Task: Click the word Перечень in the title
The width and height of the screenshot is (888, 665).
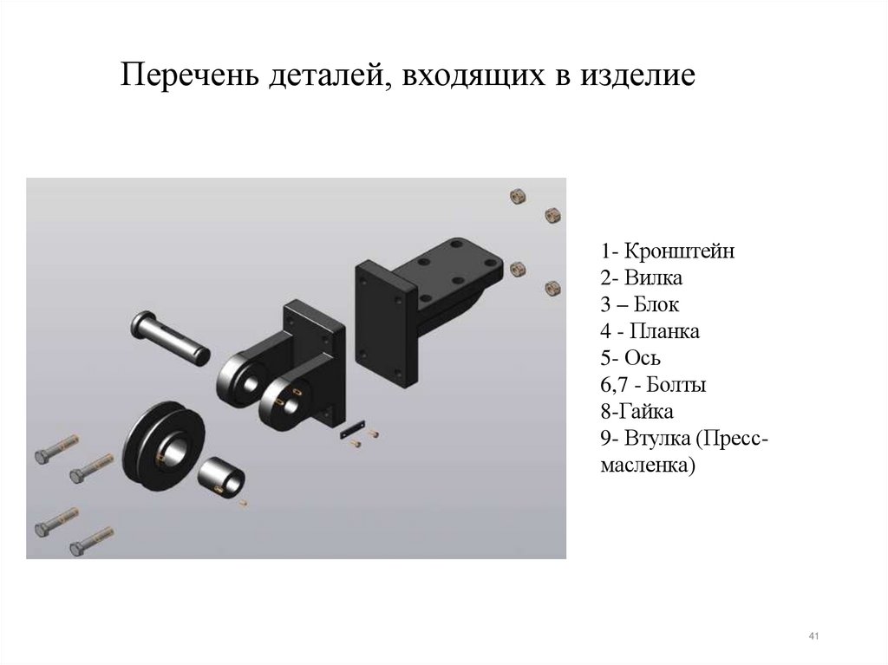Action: (x=190, y=75)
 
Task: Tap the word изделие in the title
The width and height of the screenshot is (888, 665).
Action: (x=637, y=75)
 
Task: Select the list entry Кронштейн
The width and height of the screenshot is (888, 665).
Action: (x=679, y=251)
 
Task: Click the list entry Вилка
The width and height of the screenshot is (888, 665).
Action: (x=653, y=277)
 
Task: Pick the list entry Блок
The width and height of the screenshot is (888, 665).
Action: (x=656, y=304)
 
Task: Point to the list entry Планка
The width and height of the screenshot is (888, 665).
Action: (x=664, y=331)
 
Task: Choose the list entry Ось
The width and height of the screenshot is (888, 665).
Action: (x=643, y=358)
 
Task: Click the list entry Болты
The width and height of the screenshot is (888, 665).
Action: (x=676, y=385)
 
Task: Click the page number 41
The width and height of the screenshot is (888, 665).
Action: (x=813, y=636)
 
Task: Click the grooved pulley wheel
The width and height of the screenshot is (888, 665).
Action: (x=164, y=446)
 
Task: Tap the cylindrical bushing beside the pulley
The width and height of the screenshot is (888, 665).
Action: (x=221, y=477)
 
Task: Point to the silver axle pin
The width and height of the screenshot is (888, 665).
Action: (x=171, y=337)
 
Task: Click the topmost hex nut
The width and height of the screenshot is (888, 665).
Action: (x=518, y=197)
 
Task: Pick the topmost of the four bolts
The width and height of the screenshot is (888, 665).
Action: (x=56, y=450)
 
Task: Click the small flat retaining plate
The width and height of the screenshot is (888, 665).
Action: (x=352, y=429)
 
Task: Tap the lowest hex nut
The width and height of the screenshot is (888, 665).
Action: (x=552, y=289)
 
